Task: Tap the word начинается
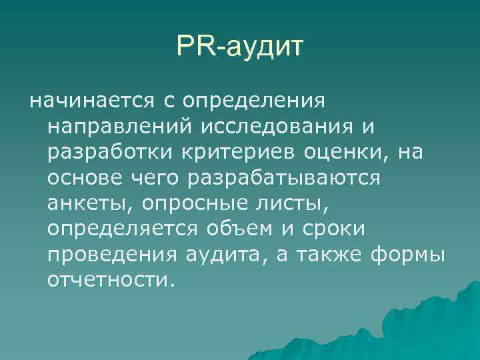click(89, 102)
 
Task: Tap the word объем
click(243, 229)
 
